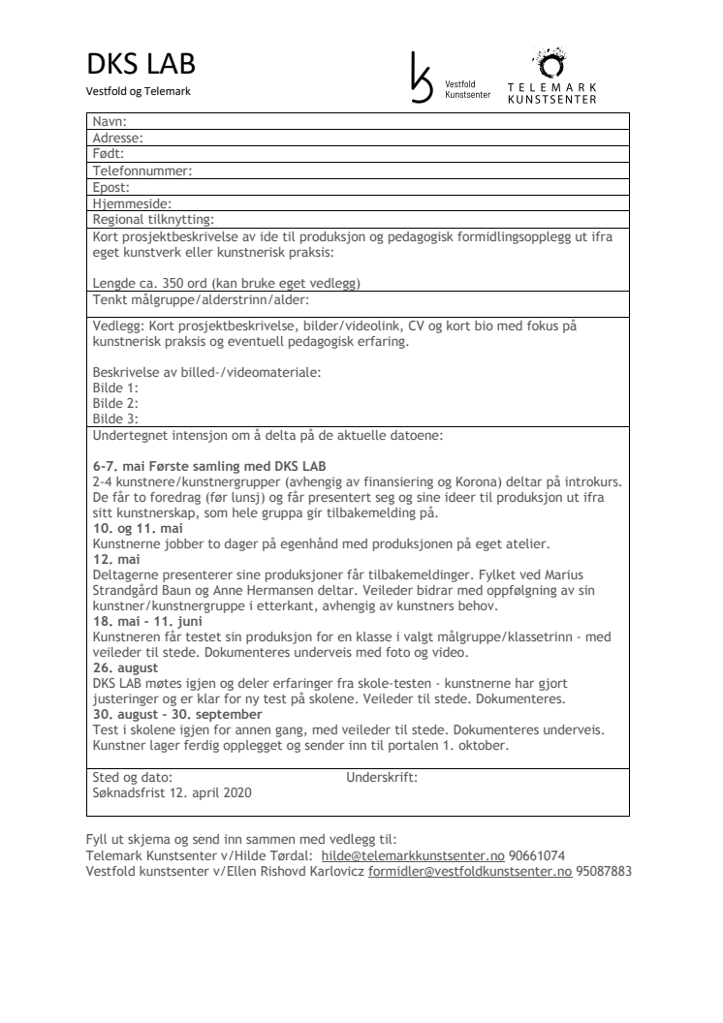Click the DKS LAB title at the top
pos(141,65)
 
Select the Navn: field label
pos(110,122)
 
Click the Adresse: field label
pos(118,139)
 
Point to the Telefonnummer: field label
pos(142,170)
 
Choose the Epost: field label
pos(111,187)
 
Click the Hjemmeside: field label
pos(132,203)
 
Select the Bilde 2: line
pos(115,403)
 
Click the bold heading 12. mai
pos(116,560)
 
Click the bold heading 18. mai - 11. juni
pos(148,621)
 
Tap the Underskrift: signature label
pos(382,777)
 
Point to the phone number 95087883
pos(604,872)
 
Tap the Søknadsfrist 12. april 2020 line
pos(172,792)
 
